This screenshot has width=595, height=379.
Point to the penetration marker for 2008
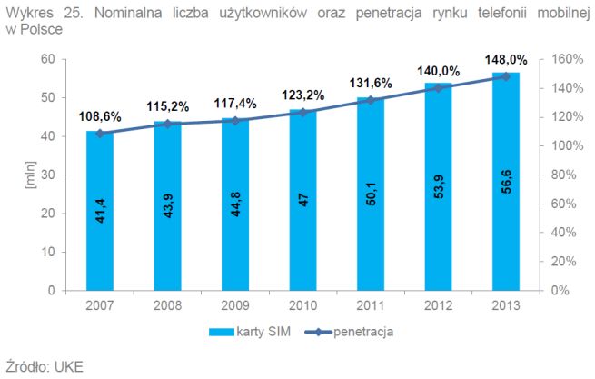[167, 124]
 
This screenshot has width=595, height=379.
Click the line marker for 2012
[439, 88]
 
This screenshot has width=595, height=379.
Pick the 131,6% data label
[370, 84]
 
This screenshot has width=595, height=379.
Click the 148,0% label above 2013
[505, 60]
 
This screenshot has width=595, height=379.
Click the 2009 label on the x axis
[235, 306]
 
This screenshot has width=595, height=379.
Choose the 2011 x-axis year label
[371, 306]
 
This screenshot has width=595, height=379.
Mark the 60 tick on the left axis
[48, 59]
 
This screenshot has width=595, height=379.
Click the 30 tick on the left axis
[48, 175]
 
